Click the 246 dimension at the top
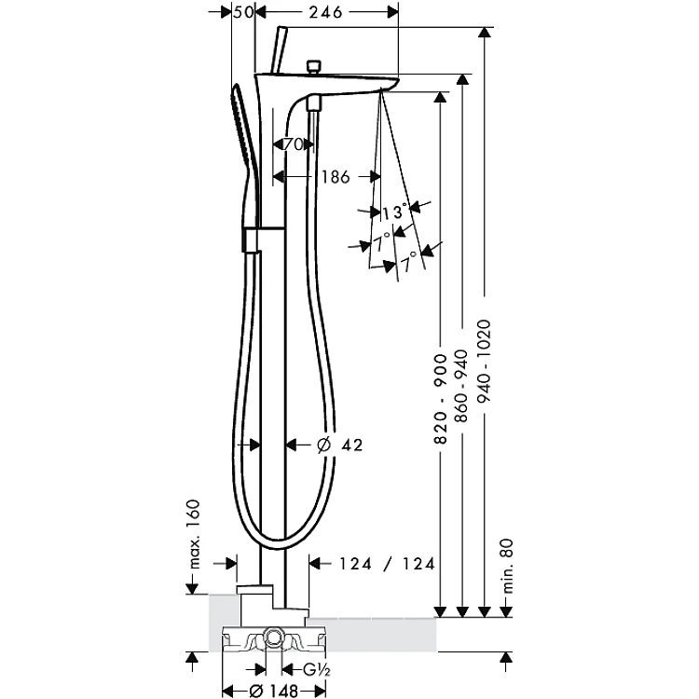pos(325,12)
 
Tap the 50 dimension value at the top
pos(244,12)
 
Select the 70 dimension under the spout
pos(294,144)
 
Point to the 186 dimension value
pos(336,177)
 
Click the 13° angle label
pos(395,212)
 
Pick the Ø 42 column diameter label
pos(339,445)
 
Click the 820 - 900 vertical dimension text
pos(441,399)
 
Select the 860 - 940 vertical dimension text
pos(462,386)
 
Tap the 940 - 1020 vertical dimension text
pos(484,361)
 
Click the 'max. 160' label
pos(194,534)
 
